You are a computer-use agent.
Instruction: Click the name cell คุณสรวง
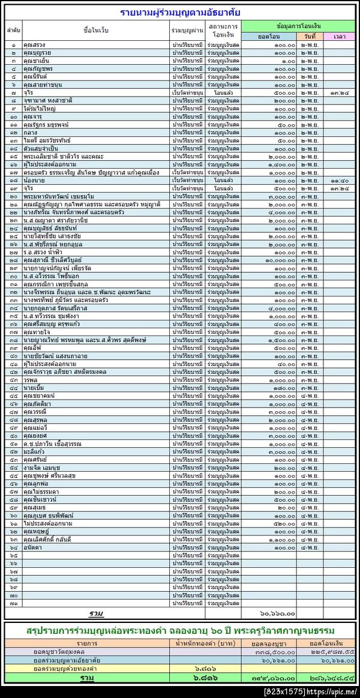click(35, 45)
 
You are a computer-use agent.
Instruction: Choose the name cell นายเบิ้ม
click(33, 388)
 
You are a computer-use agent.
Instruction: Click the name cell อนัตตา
click(33, 548)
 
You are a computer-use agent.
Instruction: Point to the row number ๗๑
click(13, 603)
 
